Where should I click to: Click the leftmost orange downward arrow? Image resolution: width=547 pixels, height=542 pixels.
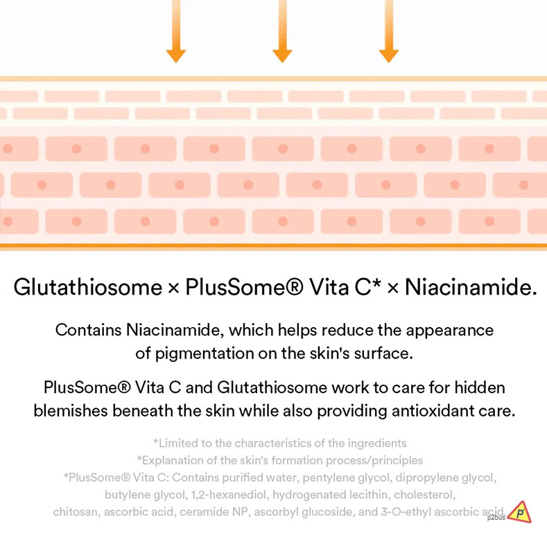coord(176,31)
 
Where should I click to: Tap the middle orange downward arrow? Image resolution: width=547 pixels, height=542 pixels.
coord(282,31)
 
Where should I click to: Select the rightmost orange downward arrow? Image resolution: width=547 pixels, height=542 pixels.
coord(389,31)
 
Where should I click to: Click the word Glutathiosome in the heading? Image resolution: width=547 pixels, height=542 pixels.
coord(88,288)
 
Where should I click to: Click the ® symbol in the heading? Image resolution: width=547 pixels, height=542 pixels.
coord(293,287)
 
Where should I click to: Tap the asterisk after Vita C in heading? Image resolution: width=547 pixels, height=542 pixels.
coord(376,283)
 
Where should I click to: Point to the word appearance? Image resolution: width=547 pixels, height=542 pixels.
coord(449,331)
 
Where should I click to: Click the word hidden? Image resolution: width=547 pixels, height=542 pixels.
coord(479,387)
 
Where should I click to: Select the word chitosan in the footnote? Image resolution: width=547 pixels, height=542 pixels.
coord(76,512)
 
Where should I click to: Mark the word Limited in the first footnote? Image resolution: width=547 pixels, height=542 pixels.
coord(178,443)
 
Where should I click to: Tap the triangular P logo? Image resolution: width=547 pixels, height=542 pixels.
coord(519,512)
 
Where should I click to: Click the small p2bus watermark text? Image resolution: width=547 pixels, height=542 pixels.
coord(496,518)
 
